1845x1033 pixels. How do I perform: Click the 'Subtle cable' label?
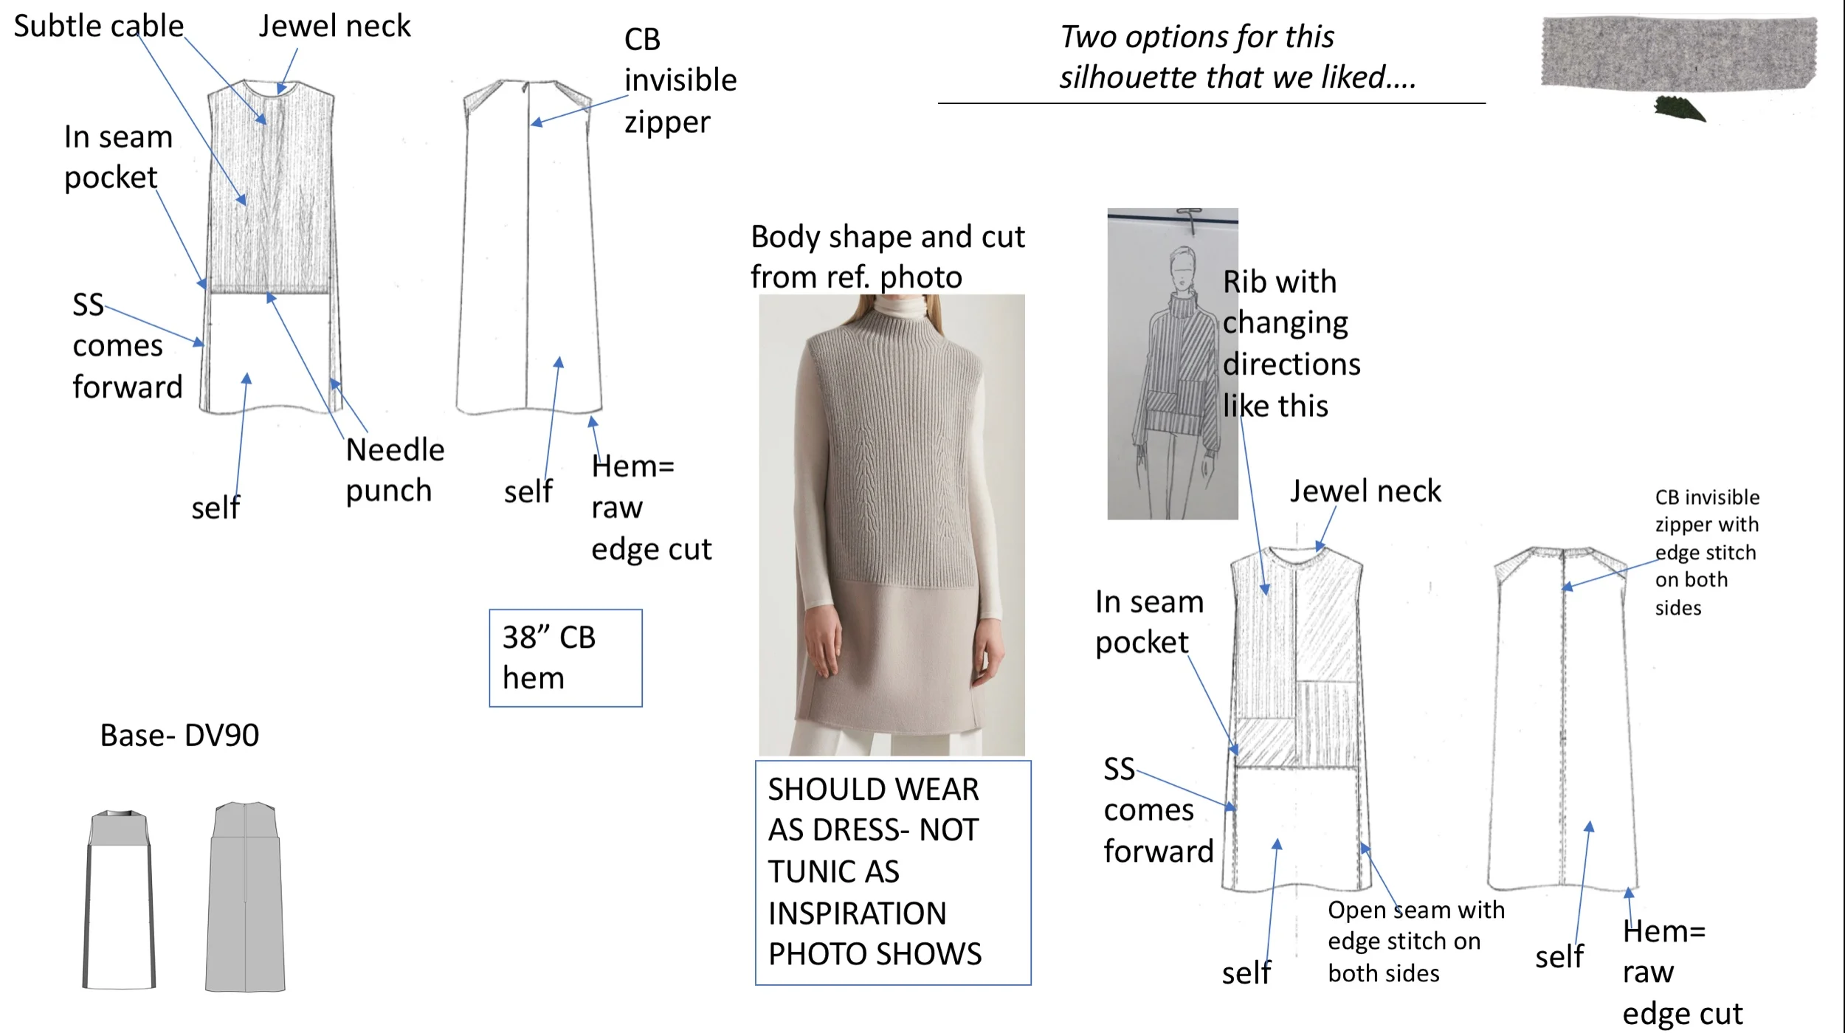tap(98, 27)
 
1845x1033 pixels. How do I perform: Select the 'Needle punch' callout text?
tap(394, 470)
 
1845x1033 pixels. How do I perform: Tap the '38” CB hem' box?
tap(565, 657)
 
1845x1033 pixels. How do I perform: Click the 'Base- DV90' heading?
tap(179, 735)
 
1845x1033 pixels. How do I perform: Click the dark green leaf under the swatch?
tap(1679, 109)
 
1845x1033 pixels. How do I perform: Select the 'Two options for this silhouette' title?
tap(1236, 57)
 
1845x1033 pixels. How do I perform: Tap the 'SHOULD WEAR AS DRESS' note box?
tap(892, 871)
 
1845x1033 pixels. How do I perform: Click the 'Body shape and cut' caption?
tap(887, 256)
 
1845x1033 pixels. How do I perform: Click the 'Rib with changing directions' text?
tap(1290, 343)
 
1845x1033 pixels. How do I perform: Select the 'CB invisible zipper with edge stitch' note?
tap(1706, 552)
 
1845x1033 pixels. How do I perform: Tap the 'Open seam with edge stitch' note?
tap(1415, 941)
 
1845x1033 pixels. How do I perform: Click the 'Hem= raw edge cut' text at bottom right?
tap(1681, 972)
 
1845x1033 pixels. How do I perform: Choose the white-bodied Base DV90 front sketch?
tap(120, 899)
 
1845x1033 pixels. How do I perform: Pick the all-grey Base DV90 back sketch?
tap(245, 896)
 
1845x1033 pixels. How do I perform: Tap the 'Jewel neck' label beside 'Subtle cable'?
tap(334, 27)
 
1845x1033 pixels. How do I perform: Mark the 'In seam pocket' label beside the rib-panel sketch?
tap(1148, 622)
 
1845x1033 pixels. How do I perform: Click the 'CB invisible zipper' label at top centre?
tap(679, 80)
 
